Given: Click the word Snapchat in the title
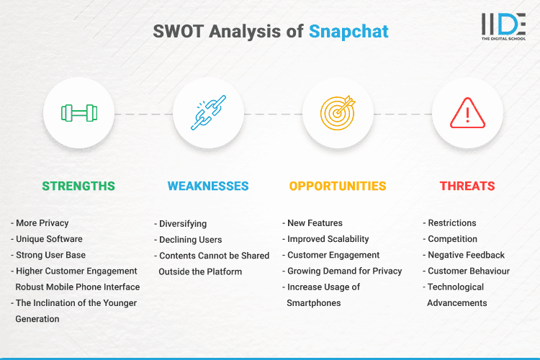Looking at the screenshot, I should coord(348,31).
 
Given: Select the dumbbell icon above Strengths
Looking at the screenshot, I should coord(78,113).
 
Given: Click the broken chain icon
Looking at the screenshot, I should coord(208,113).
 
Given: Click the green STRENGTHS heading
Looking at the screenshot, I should coord(78,186).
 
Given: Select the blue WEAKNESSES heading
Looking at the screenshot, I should coord(208,186).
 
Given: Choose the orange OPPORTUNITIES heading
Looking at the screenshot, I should coord(338,186).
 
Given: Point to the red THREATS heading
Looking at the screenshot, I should coord(467,186).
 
